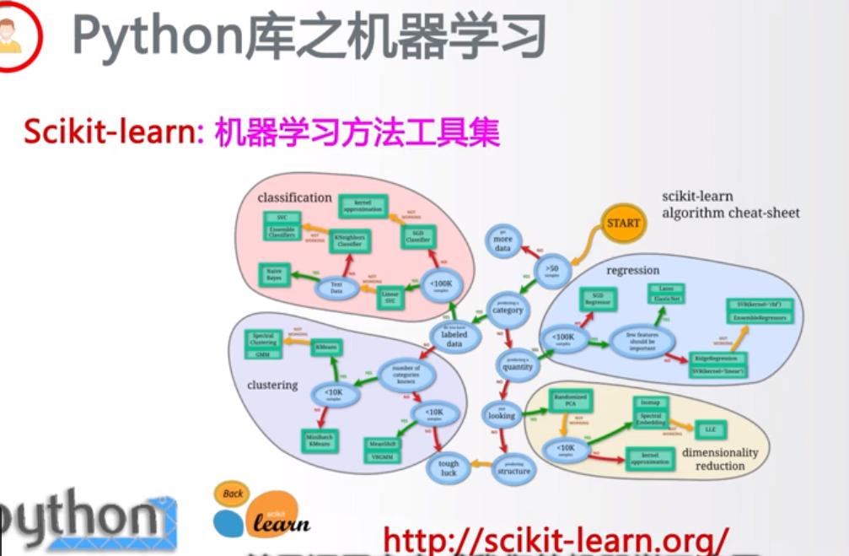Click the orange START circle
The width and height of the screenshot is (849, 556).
point(624,224)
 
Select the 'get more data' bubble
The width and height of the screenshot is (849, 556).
point(502,242)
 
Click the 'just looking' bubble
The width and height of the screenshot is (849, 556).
point(501,413)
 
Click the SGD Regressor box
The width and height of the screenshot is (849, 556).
point(598,298)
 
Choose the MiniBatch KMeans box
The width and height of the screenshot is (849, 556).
point(319,439)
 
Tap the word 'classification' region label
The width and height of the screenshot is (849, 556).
point(294,197)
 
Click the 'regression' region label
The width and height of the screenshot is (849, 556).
point(632,270)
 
